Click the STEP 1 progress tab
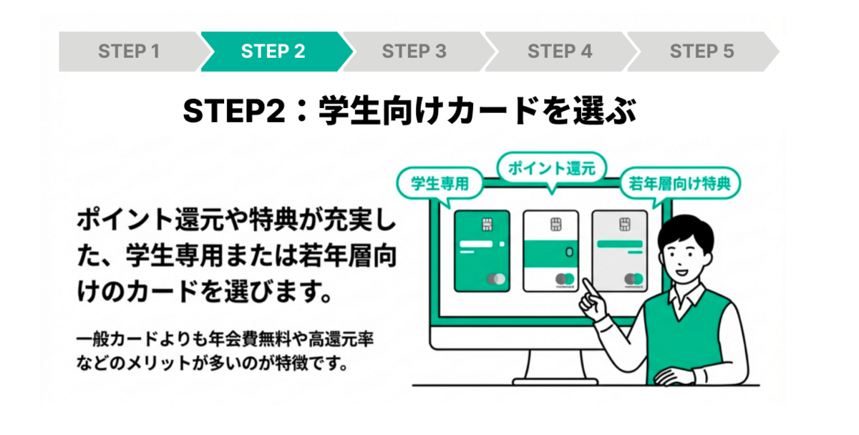pos(129,52)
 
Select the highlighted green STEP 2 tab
pos(273,52)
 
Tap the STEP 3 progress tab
pos(414,52)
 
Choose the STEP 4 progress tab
pos(559,52)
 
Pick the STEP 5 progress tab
pos(702,52)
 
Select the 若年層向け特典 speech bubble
pos(679,184)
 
